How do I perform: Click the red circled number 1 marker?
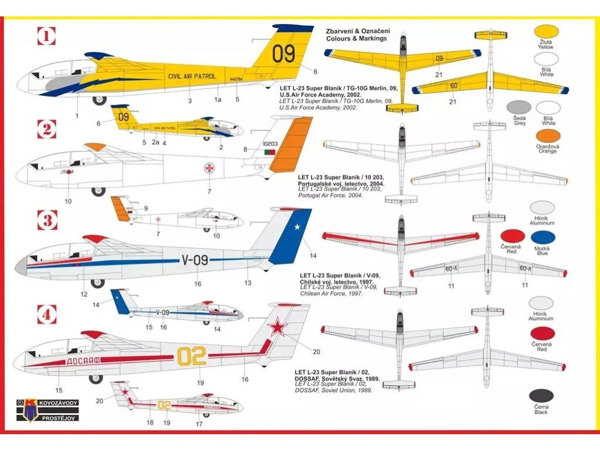point(46,37)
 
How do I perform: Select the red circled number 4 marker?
point(46,315)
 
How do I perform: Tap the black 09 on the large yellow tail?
point(284,54)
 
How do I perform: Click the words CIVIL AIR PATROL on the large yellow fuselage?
point(192,76)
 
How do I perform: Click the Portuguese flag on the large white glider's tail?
point(270,152)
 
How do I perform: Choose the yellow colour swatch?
point(546,32)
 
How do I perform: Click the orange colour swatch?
point(546,135)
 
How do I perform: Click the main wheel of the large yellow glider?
point(98,100)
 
